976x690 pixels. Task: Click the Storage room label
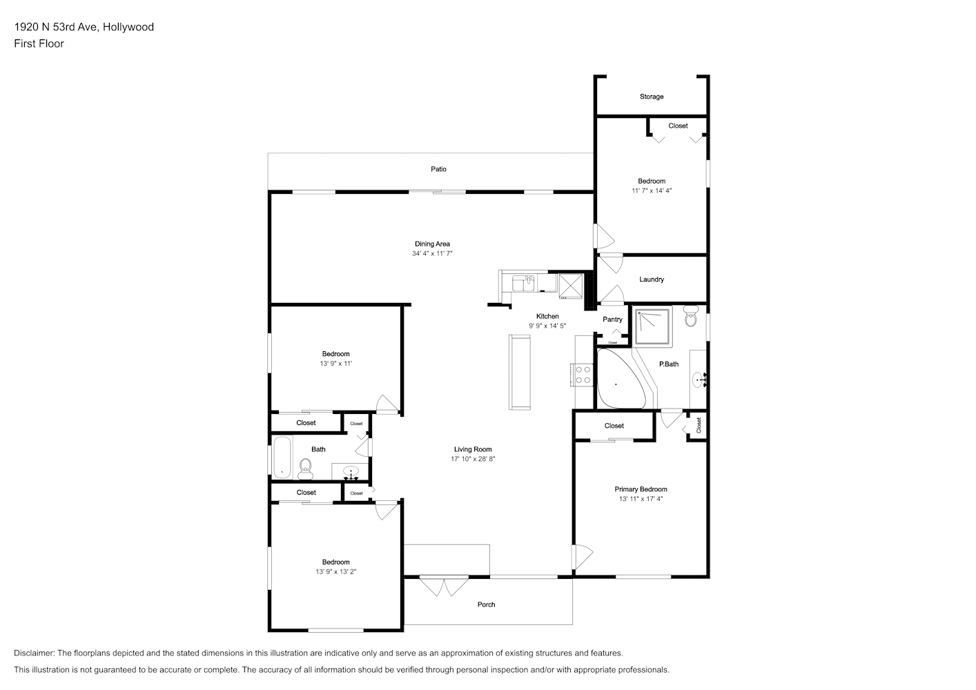[x=652, y=97]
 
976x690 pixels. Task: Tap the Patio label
[x=438, y=169]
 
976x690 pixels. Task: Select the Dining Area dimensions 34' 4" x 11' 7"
[x=432, y=253]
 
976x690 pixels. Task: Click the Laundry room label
[x=652, y=279]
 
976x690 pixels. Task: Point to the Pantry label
[x=612, y=319]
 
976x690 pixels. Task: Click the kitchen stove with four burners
[x=581, y=375]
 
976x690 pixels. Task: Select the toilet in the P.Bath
[x=691, y=316]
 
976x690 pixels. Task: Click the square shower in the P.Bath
[x=652, y=326]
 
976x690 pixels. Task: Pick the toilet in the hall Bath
[x=306, y=469]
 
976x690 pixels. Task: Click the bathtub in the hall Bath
[x=282, y=457]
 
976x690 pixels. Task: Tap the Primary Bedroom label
[x=641, y=489]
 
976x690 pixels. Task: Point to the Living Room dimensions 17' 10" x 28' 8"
[x=473, y=459]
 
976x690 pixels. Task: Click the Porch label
[x=486, y=604]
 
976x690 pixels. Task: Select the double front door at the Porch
[x=444, y=586]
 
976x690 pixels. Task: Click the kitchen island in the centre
[x=519, y=372]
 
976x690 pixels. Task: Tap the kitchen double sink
[x=523, y=283]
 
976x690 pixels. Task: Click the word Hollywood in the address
[x=128, y=27]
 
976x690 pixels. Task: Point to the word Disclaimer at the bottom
[x=35, y=653]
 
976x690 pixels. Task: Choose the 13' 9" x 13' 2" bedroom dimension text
[x=335, y=571]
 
